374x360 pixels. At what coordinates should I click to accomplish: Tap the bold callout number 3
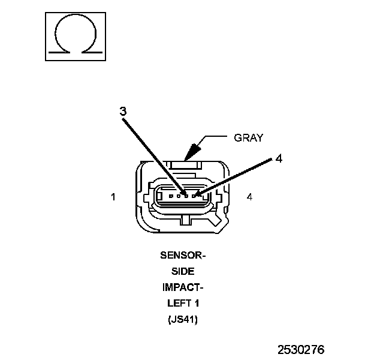pyautogui.click(x=122, y=111)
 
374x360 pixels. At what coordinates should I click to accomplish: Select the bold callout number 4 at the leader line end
pyautogui.click(x=279, y=158)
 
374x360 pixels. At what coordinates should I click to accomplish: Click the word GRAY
pyautogui.click(x=248, y=137)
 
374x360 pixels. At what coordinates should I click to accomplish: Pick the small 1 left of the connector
pyautogui.click(x=114, y=196)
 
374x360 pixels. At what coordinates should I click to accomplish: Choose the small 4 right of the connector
pyautogui.click(x=249, y=196)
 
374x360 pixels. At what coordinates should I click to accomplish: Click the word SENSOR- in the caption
pyautogui.click(x=183, y=255)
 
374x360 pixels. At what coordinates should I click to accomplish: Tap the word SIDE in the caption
pyautogui.click(x=183, y=271)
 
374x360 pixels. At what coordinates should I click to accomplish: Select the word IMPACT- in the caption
pyautogui.click(x=183, y=287)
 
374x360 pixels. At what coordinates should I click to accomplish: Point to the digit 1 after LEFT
pyautogui.click(x=195, y=303)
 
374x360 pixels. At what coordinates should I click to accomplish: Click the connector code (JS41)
pyautogui.click(x=183, y=319)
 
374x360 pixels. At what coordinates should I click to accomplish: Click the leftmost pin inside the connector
pyautogui.click(x=171, y=196)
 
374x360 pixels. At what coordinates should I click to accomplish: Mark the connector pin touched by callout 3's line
pyautogui.click(x=187, y=196)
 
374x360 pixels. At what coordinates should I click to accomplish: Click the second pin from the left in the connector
pyautogui.click(x=179, y=196)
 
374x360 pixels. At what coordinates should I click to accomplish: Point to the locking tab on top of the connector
pyautogui.click(x=186, y=163)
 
